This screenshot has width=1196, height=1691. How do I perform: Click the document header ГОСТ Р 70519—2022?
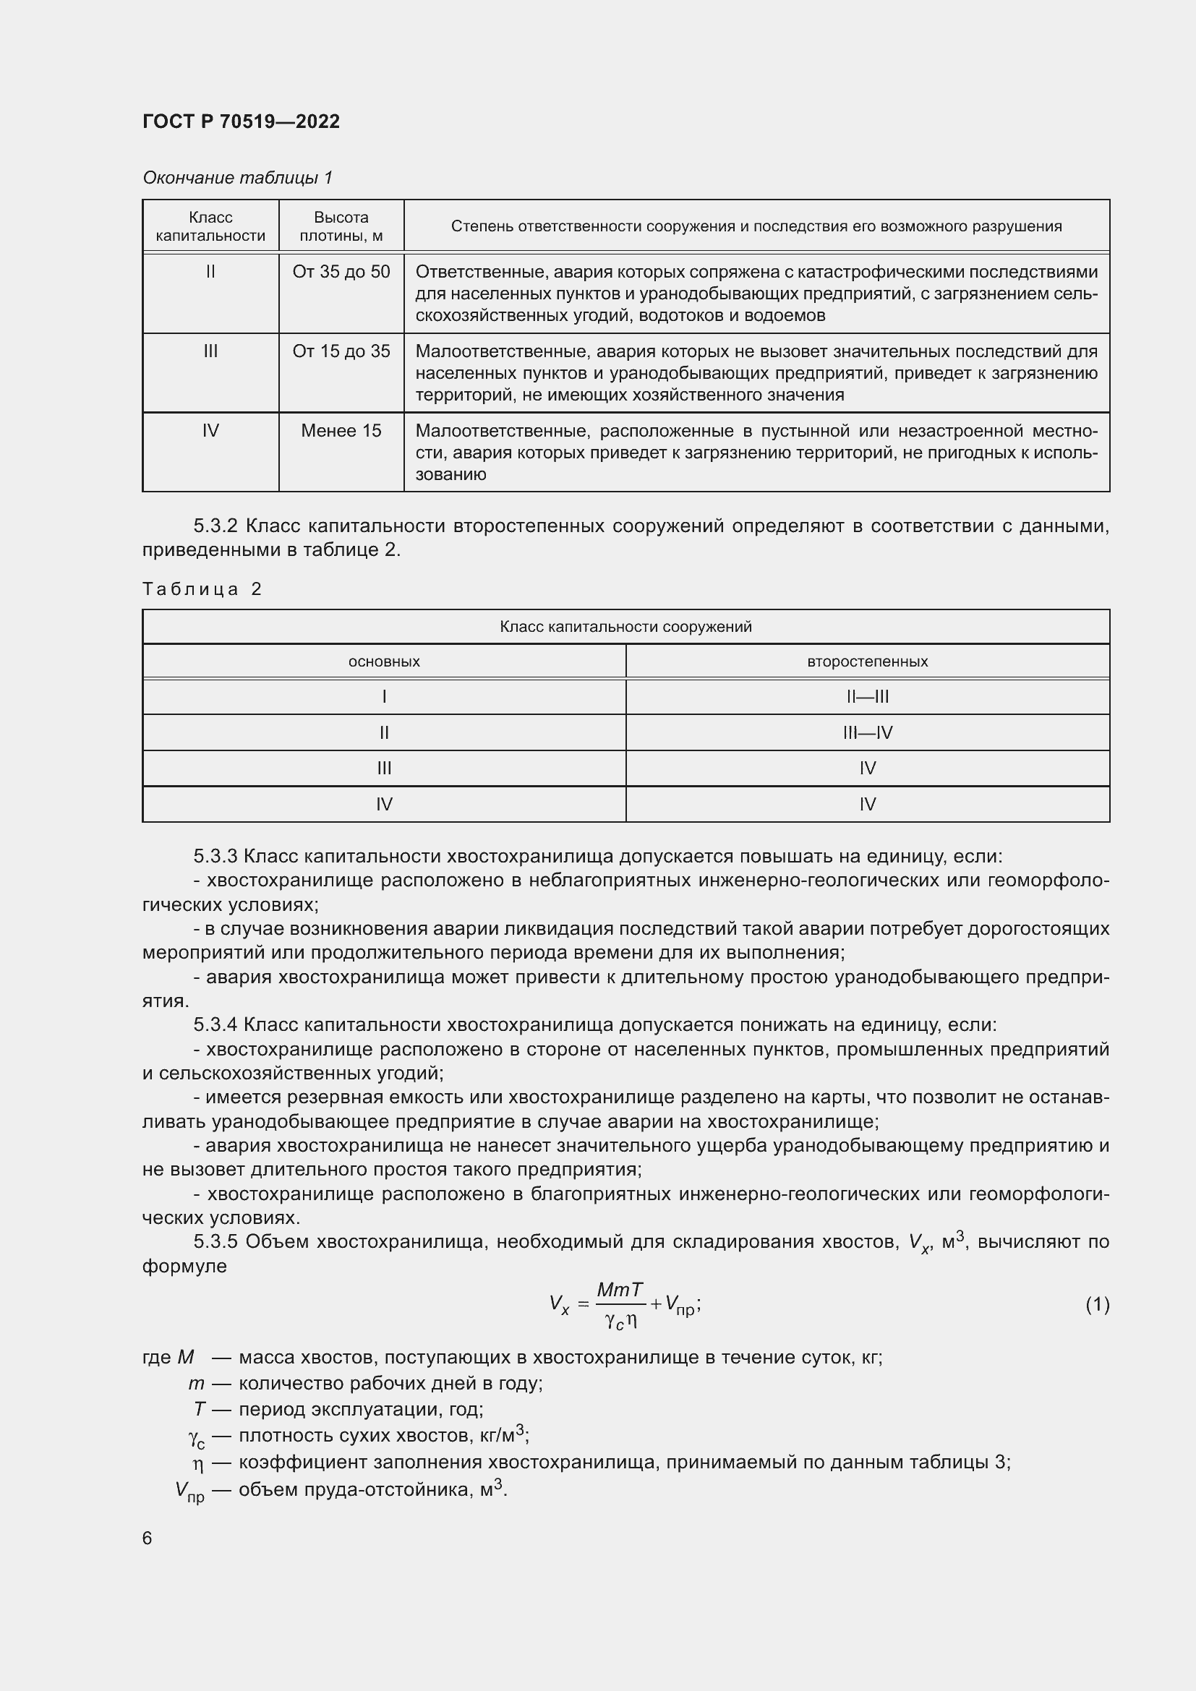tap(241, 121)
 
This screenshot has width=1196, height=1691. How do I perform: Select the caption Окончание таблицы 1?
tap(237, 178)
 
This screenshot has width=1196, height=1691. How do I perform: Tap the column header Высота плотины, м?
tap(341, 226)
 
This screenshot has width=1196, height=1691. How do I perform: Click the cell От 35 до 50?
tap(341, 272)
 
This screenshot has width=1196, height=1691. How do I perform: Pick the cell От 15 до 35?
tap(341, 351)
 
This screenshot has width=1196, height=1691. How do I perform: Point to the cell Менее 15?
tap(341, 431)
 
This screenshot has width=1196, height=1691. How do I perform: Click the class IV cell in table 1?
tap(210, 431)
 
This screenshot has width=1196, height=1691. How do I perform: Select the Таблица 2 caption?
tap(202, 588)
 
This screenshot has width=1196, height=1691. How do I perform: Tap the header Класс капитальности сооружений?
tap(625, 627)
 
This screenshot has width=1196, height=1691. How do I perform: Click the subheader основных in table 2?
tap(384, 662)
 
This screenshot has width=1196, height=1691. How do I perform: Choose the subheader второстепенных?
tap(867, 662)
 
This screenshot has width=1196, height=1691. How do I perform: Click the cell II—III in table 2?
tap(867, 697)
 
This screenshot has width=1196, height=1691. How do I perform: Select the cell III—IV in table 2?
tap(867, 733)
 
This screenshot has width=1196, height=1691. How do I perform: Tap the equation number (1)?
tap(1097, 1304)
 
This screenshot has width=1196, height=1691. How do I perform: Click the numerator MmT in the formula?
tap(620, 1290)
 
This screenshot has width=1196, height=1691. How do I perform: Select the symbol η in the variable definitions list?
tap(197, 1463)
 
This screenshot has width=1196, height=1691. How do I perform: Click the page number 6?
tap(148, 1538)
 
